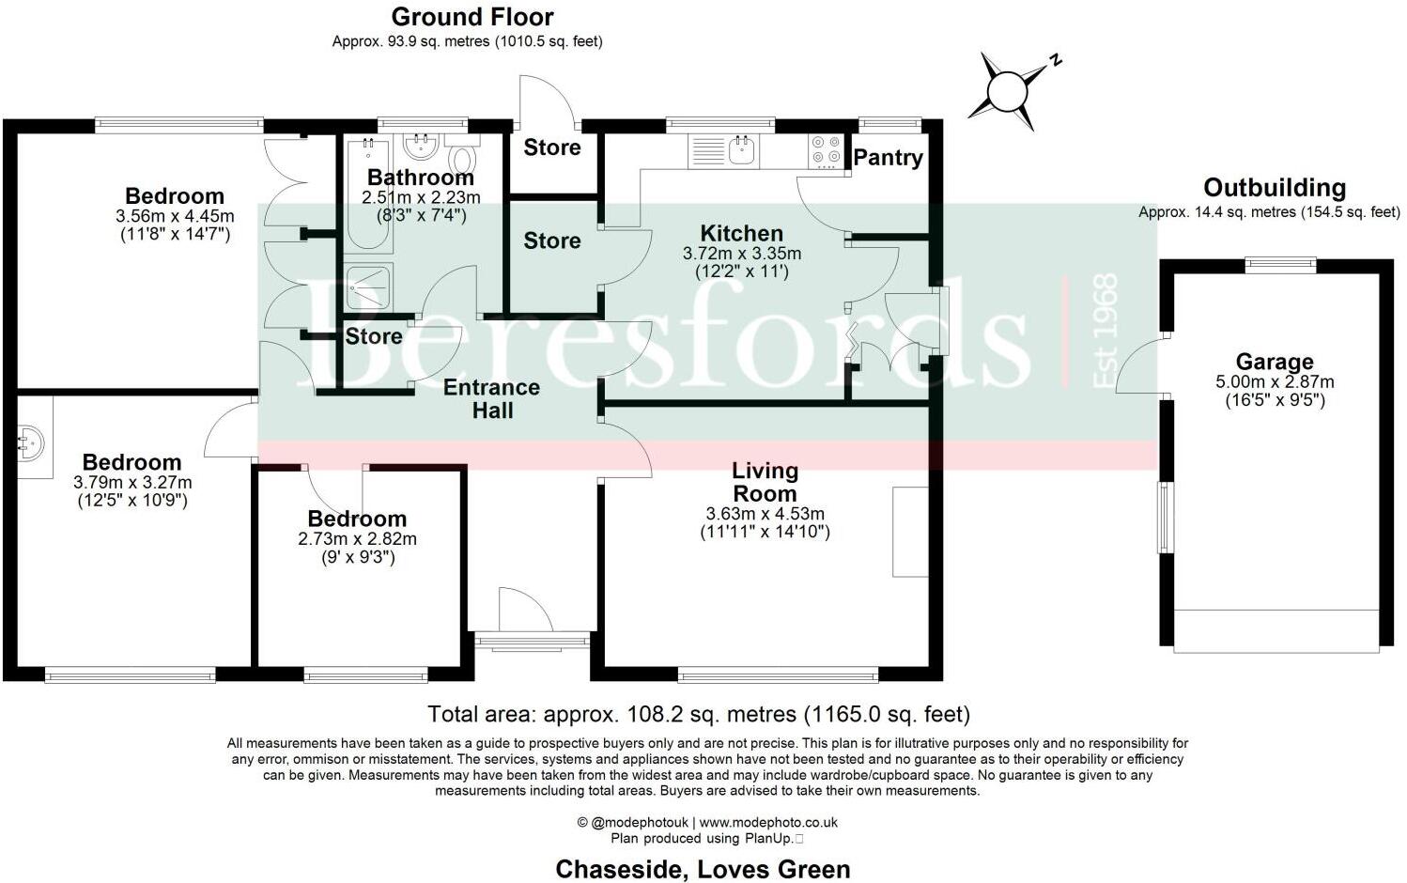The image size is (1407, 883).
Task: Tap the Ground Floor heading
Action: click(472, 17)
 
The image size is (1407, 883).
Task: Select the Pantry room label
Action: click(888, 158)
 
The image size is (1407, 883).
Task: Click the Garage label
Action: click(1274, 362)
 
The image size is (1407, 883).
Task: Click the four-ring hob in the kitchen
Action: click(826, 150)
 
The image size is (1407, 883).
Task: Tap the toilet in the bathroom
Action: click(461, 156)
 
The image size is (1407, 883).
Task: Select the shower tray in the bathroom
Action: click(368, 287)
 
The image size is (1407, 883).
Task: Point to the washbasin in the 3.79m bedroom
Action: click(30, 440)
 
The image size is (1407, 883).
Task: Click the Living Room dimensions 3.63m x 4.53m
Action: click(765, 514)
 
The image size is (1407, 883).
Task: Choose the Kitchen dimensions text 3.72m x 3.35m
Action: click(741, 254)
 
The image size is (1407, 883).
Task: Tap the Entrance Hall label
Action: click(491, 398)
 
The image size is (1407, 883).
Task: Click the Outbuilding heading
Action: click(1274, 188)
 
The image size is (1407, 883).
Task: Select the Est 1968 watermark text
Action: click(1105, 330)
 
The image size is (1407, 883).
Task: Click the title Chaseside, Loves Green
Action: click(703, 869)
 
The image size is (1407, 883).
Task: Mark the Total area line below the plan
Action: click(698, 714)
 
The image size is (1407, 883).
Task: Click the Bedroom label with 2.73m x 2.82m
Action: click(357, 519)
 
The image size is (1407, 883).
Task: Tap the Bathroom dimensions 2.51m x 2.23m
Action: click(421, 197)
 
